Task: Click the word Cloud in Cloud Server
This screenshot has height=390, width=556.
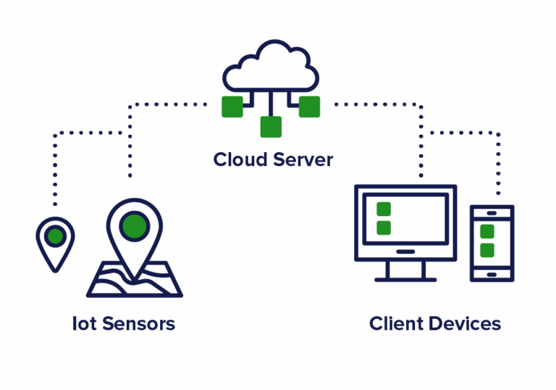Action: tap(240, 159)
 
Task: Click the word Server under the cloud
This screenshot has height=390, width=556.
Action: tap(300, 159)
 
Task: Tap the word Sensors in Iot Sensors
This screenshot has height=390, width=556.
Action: tap(138, 323)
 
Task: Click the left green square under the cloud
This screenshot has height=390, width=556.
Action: tap(232, 107)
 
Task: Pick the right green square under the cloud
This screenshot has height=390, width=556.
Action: tap(310, 107)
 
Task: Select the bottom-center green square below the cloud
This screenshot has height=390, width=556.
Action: tap(271, 127)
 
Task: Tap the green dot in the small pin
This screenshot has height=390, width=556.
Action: tap(55, 236)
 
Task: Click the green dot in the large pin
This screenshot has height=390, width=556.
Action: tap(135, 226)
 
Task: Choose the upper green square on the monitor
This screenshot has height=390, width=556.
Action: tap(384, 209)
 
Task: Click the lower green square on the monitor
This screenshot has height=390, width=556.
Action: tap(384, 228)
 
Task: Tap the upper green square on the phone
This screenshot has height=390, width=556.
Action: tap(487, 232)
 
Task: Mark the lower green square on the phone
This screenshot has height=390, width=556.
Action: tap(487, 250)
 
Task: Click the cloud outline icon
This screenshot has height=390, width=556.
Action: tap(271, 65)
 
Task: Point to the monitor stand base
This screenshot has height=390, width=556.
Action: tap(405, 278)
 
